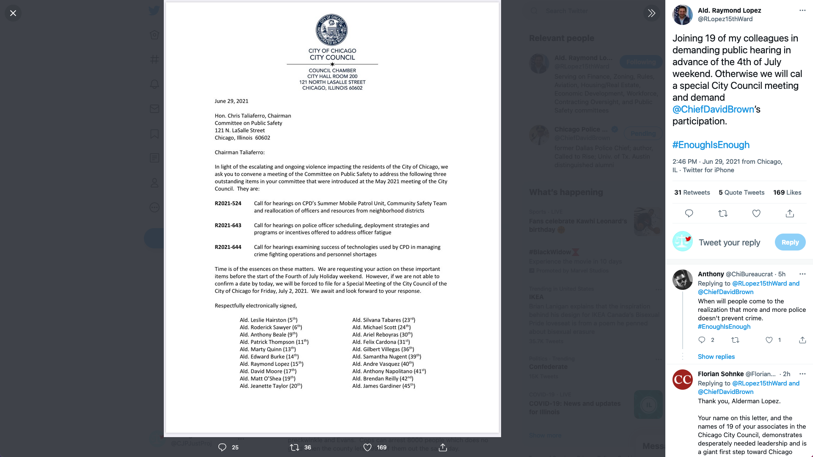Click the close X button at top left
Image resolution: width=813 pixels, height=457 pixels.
point(13,13)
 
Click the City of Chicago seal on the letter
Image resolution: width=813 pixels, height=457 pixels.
point(332,30)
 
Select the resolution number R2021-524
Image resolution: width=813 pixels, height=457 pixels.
point(228,204)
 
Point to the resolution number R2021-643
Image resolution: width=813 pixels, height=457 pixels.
point(228,226)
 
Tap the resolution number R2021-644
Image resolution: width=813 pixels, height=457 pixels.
point(228,247)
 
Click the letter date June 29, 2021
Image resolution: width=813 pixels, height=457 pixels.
point(231,101)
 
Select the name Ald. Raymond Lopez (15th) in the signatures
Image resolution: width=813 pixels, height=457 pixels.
point(271,364)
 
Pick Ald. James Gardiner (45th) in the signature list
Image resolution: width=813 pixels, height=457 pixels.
point(383,386)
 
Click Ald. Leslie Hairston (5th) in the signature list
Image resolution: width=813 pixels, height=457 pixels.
point(268,320)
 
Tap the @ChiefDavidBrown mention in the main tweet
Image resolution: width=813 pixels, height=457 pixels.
point(713,110)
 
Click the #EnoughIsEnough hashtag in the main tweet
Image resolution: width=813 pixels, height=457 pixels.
point(711,145)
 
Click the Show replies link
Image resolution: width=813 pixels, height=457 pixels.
point(716,357)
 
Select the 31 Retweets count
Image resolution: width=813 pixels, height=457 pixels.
point(692,193)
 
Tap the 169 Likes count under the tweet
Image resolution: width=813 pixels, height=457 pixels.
point(787,193)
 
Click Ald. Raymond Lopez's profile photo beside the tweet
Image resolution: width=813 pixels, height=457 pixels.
point(682,15)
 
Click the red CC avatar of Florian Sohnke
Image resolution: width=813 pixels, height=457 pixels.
point(682,380)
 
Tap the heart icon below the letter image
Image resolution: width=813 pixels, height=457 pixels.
point(367,447)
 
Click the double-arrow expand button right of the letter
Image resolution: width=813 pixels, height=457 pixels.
point(651,13)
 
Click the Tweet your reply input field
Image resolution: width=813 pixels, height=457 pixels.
point(729,242)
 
